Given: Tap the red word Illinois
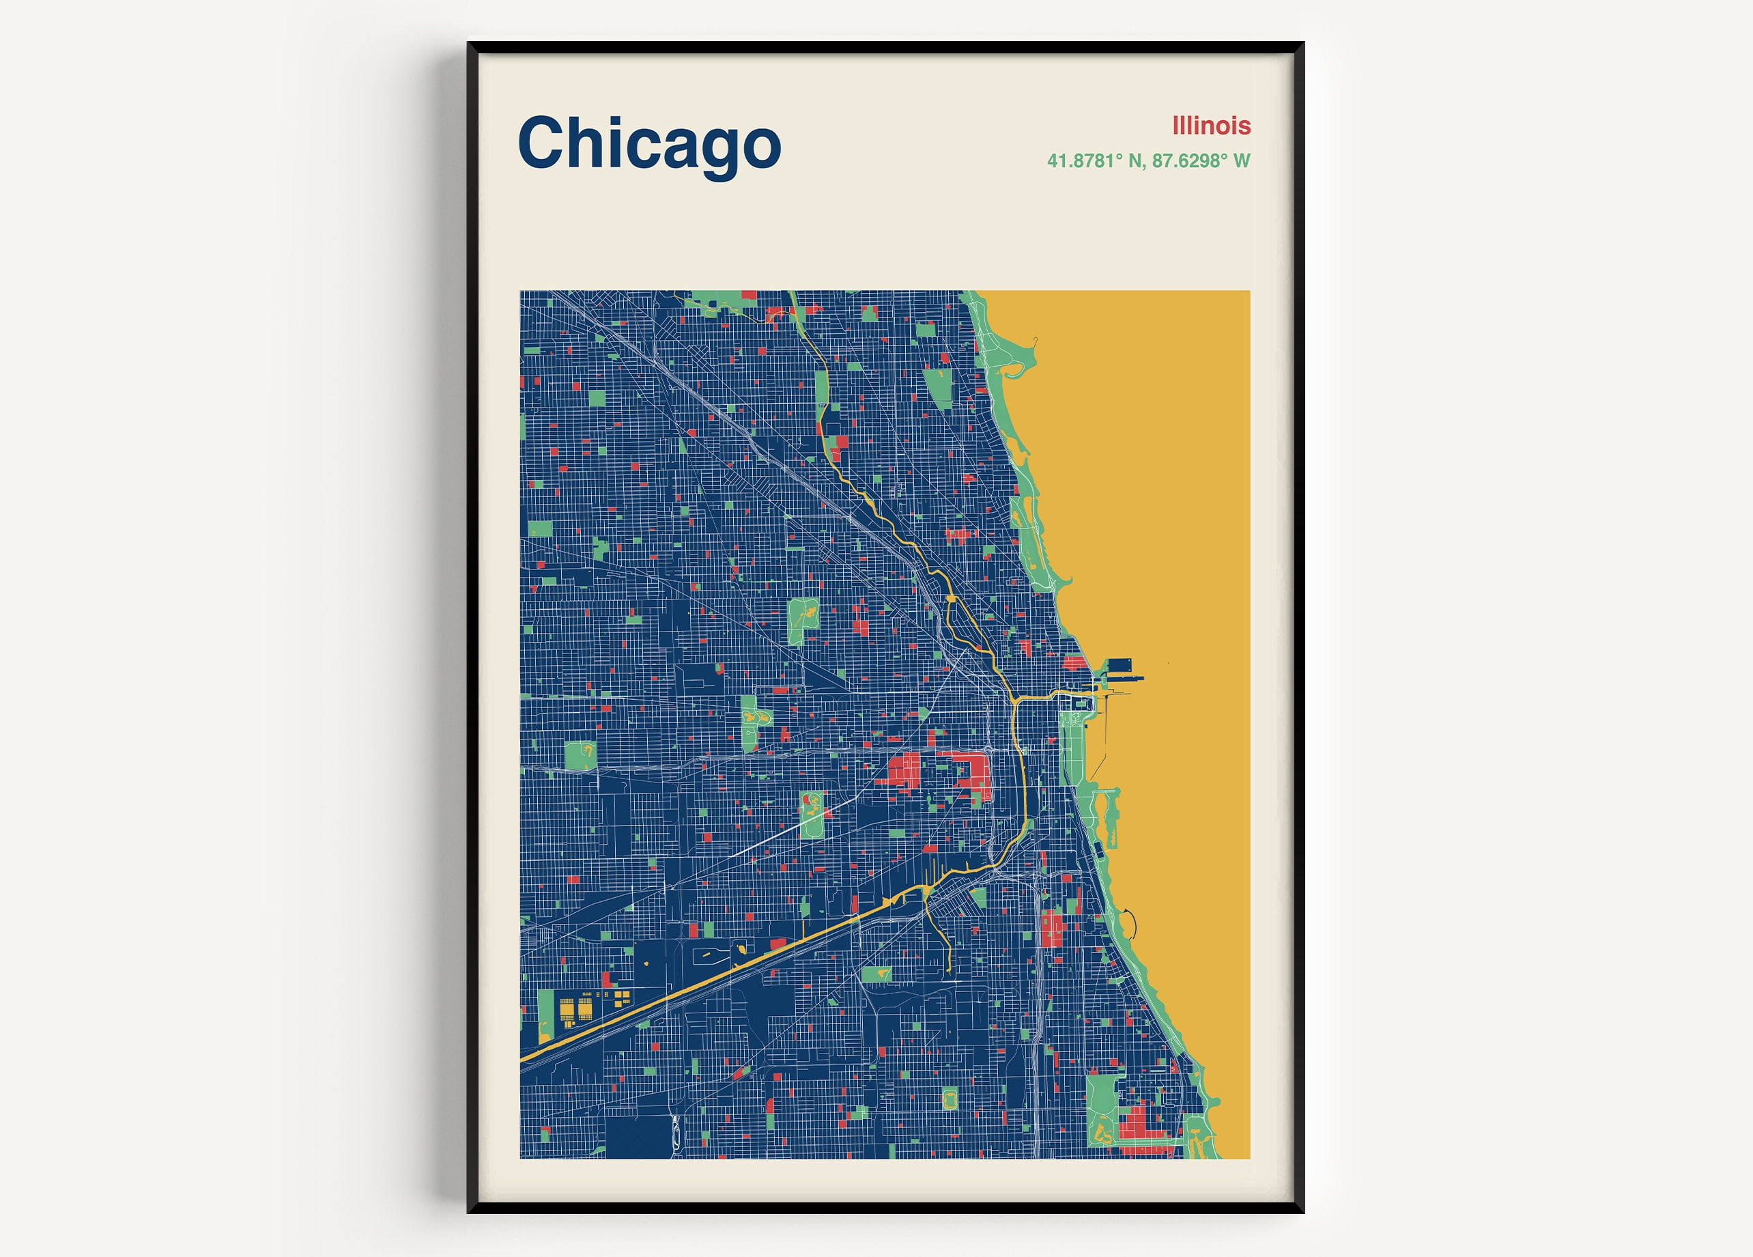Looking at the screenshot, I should click(x=1210, y=125).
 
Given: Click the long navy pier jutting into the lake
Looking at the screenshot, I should click(x=1121, y=678).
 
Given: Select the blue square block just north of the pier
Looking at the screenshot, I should click(x=1120, y=664).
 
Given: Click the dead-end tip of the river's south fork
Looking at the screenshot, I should click(x=949, y=970).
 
